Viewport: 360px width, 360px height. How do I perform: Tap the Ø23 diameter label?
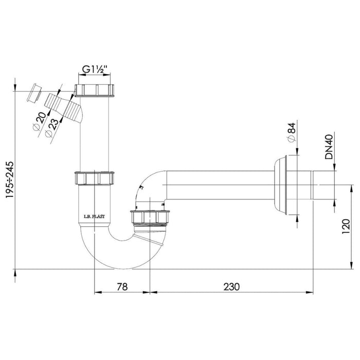click(x=50, y=127)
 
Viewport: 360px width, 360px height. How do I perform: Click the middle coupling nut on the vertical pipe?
click(x=94, y=178)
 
